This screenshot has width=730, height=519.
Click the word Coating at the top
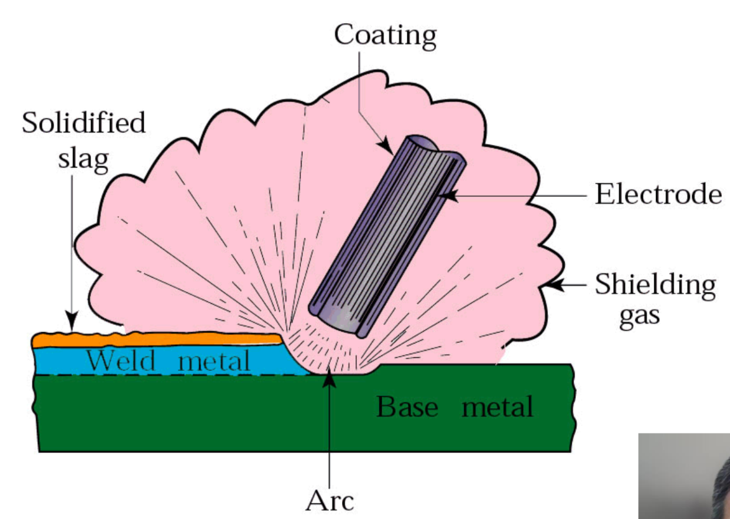click(385, 35)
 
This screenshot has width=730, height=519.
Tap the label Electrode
click(658, 194)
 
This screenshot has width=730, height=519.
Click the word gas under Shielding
click(639, 316)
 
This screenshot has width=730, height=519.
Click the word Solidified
click(84, 123)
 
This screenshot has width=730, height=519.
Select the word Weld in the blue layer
click(121, 362)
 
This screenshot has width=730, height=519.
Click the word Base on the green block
click(407, 408)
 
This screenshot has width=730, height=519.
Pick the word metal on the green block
click(497, 408)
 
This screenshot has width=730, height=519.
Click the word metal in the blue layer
click(214, 362)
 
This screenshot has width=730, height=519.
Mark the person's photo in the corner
click(685, 475)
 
